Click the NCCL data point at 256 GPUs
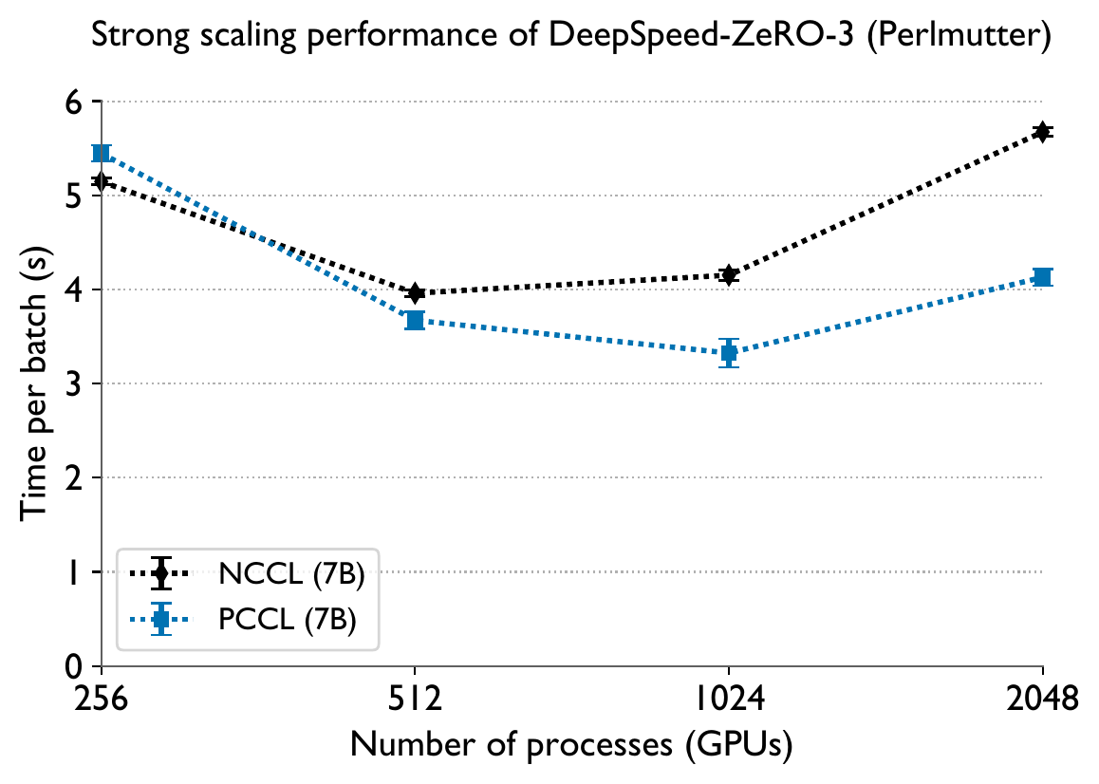[x=102, y=181]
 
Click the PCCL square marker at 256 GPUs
[x=102, y=154]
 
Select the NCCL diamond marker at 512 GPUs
[x=415, y=293]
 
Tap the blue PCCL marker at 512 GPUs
[x=415, y=320]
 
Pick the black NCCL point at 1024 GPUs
[x=729, y=275]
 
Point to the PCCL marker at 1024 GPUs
[x=729, y=353]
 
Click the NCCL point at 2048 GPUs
[x=1042, y=132]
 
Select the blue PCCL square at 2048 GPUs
[x=1042, y=277]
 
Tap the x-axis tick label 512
[x=415, y=700]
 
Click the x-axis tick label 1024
[x=729, y=700]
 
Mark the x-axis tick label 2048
[x=1042, y=700]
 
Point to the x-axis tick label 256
[x=102, y=700]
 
